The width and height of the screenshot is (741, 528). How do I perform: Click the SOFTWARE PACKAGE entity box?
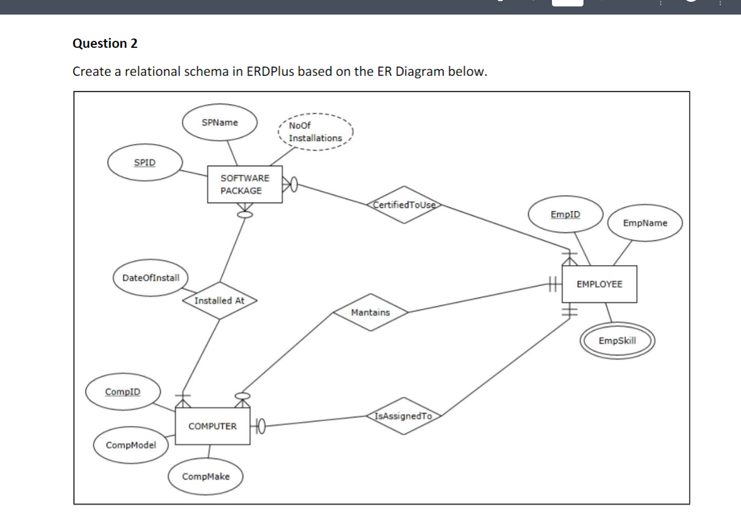[x=245, y=184]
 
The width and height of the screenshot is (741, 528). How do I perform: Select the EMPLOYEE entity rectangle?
[x=599, y=284]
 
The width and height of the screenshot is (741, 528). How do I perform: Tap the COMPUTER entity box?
[x=212, y=426]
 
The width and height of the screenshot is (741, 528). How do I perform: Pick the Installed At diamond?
[x=219, y=301]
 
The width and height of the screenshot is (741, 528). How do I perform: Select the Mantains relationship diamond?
[x=370, y=312]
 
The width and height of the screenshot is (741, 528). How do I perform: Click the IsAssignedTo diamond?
[x=404, y=416]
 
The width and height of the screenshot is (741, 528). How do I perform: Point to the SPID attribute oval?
[x=145, y=163]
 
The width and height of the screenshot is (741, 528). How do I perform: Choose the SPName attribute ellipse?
[x=219, y=122]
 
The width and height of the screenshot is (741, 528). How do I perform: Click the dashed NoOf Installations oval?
[x=315, y=132]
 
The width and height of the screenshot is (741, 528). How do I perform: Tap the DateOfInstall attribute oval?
[x=151, y=277]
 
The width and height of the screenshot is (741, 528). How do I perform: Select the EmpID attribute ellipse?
[x=565, y=214]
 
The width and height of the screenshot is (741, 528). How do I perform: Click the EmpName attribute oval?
[x=645, y=223]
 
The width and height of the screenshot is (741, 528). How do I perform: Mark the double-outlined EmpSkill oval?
[x=617, y=341]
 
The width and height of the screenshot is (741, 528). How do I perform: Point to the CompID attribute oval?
[x=123, y=392]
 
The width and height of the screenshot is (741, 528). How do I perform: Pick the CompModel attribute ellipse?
[x=131, y=445]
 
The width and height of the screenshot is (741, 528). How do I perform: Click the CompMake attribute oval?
[x=205, y=477]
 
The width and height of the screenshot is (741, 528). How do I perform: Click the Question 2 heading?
[x=105, y=44]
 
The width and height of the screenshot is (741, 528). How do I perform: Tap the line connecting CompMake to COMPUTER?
[x=209, y=452]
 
